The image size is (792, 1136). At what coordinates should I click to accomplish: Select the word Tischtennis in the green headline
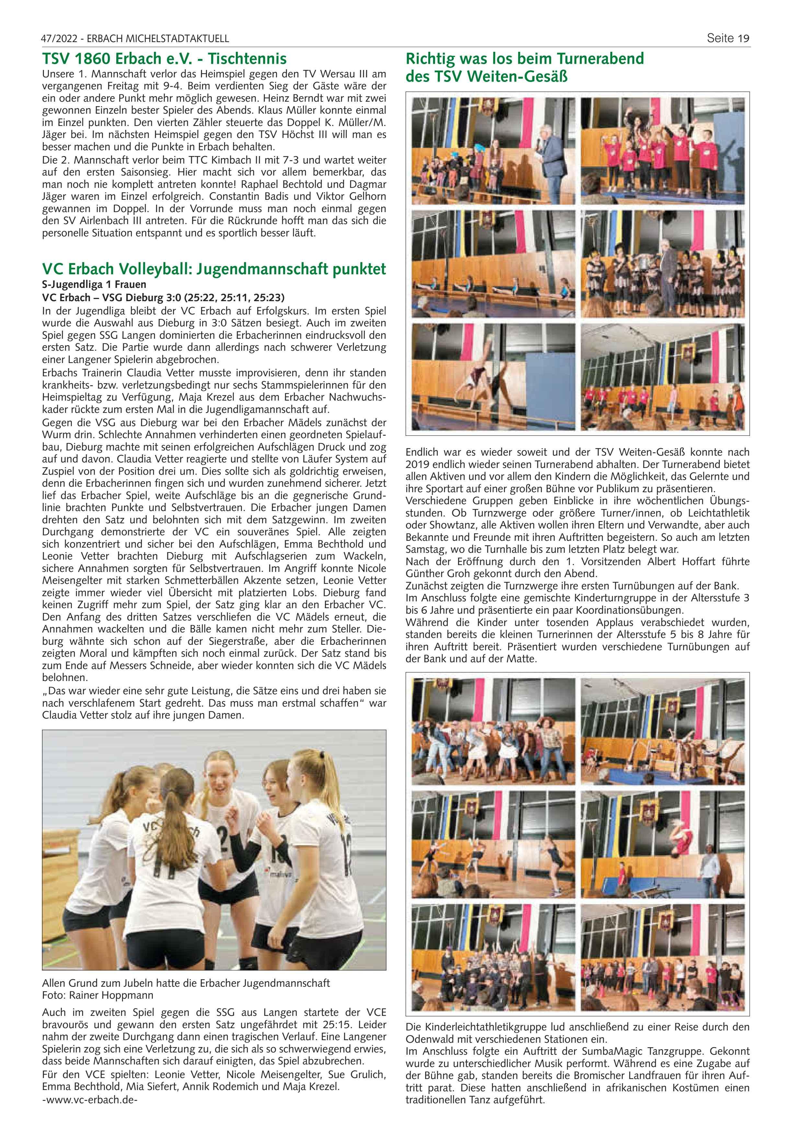(247, 59)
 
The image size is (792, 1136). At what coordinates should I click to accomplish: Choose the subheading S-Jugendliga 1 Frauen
(94, 285)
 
